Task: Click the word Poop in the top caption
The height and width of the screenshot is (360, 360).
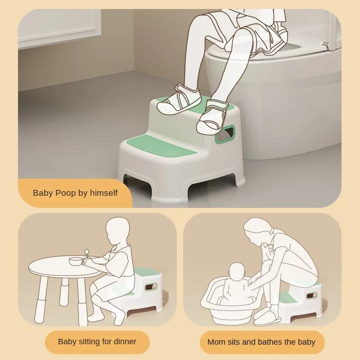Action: click(x=66, y=193)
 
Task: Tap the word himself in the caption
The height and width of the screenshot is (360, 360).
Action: click(x=104, y=193)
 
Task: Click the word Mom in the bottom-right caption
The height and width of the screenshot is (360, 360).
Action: click(x=215, y=342)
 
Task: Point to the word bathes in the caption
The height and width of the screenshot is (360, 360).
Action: click(x=270, y=342)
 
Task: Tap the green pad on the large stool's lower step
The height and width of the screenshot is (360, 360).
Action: click(x=161, y=146)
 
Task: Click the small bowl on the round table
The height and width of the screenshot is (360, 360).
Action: click(x=76, y=261)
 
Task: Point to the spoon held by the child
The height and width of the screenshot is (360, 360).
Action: click(x=87, y=255)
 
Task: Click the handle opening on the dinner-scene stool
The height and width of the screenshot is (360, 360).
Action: click(x=151, y=286)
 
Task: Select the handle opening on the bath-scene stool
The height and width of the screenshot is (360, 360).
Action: click(x=311, y=296)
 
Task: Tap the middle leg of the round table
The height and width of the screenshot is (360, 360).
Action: click(x=64, y=292)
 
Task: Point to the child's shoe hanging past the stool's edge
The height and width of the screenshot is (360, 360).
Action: click(x=213, y=117)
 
